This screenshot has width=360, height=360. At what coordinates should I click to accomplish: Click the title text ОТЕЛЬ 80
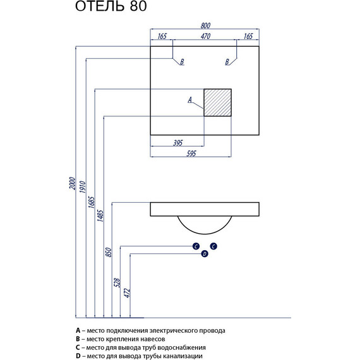(111, 6)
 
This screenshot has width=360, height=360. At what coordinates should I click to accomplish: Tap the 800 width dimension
(205, 25)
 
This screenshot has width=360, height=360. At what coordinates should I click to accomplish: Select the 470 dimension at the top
(205, 36)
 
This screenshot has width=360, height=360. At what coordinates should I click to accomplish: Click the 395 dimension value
(177, 143)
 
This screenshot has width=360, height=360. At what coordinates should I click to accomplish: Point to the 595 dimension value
(191, 153)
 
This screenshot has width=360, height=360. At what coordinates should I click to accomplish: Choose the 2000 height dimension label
(73, 183)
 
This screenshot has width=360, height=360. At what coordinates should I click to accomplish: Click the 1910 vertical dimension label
(83, 187)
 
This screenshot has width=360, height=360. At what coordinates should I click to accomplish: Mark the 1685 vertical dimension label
(92, 202)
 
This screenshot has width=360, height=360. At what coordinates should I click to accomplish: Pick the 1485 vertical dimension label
(100, 216)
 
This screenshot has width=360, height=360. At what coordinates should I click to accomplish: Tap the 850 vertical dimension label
(109, 252)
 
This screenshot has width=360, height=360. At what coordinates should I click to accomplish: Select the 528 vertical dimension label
(117, 282)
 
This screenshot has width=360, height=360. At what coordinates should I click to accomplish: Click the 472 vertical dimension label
(127, 293)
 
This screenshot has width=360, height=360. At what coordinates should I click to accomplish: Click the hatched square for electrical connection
(217, 102)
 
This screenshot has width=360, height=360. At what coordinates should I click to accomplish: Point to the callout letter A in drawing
(189, 100)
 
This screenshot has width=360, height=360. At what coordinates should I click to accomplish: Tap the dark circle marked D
(205, 254)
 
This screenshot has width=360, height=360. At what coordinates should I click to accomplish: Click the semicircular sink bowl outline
(205, 234)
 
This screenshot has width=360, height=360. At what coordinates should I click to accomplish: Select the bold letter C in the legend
(78, 347)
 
